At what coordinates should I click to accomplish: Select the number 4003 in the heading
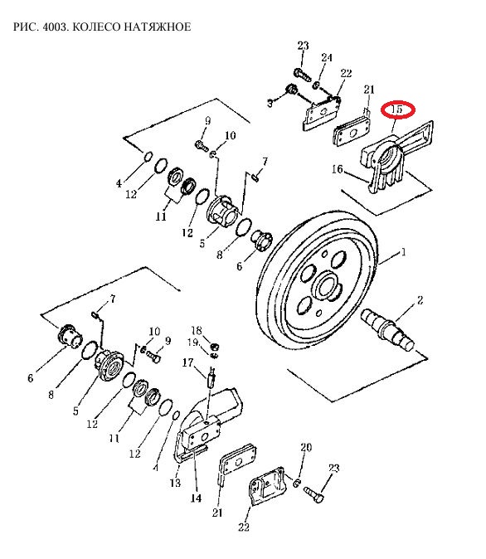55,27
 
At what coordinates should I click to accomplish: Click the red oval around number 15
397,109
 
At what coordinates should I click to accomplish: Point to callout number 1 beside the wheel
403,252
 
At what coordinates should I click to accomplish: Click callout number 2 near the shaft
420,300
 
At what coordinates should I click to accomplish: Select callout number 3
270,104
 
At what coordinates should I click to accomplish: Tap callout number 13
175,483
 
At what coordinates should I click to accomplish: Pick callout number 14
196,498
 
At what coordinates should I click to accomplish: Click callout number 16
338,169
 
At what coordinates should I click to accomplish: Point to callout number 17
188,362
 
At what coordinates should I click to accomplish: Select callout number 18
197,330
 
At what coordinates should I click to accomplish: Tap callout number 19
193,343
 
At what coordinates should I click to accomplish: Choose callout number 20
306,447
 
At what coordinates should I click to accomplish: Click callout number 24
327,57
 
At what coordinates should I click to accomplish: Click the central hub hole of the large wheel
326,286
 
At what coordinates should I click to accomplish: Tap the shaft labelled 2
389,330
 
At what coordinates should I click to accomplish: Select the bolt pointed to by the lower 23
314,494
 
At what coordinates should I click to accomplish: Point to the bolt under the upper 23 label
303,75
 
